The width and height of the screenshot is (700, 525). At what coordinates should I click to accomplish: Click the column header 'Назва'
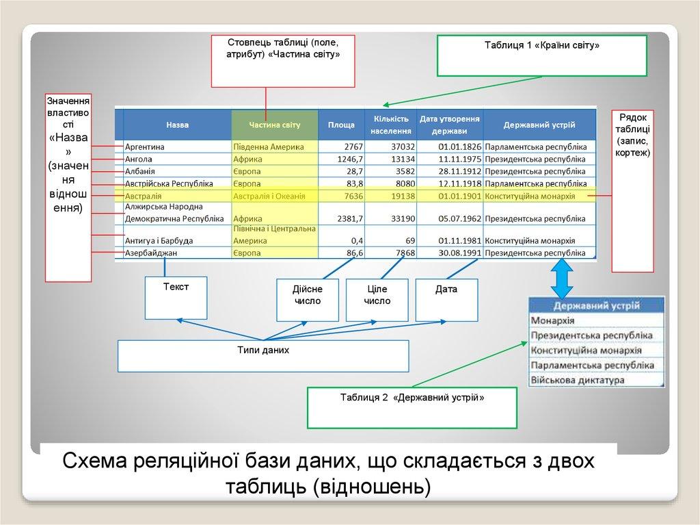(x=177, y=125)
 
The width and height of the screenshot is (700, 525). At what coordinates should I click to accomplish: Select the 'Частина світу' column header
(x=275, y=125)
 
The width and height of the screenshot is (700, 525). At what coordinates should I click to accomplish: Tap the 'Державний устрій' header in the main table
(x=539, y=125)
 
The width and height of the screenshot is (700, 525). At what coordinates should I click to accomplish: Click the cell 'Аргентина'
(x=145, y=146)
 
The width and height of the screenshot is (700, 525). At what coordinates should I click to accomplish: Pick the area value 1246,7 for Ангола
(x=348, y=159)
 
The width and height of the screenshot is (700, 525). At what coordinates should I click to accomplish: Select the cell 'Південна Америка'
(x=266, y=146)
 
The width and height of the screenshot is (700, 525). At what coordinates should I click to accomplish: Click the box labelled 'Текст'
(x=176, y=297)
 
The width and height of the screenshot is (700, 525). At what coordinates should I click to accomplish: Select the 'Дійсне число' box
(x=307, y=299)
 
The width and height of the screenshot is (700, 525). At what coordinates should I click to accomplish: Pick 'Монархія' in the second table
(x=553, y=320)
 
